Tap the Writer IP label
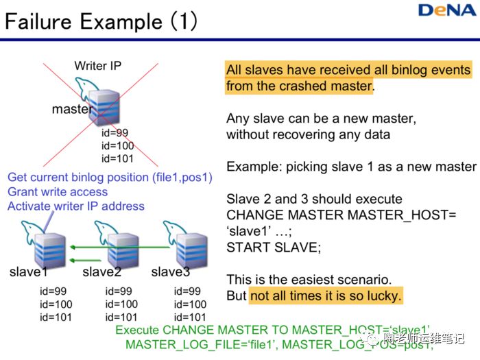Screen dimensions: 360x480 [x=98, y=67]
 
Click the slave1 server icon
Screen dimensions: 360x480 [x=50, y=246]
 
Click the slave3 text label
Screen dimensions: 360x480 [x=171, y=272]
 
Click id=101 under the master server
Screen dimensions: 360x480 [x=117, y=159]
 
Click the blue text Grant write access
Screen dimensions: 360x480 [x=58, y=192]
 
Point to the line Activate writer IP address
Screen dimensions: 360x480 [x=76, y=206]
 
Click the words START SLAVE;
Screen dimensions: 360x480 [x=273, y=247]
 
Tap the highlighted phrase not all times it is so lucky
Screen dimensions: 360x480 [x=326, y=296]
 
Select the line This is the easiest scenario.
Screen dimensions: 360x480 [x=310, y=280]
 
